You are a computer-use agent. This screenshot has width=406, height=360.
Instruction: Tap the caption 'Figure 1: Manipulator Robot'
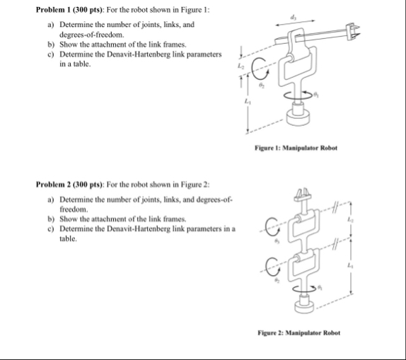pyautogui.click(x=296, y=148)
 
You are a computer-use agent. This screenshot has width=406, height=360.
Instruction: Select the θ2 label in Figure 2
pyautogui.click(x=277, y=282)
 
